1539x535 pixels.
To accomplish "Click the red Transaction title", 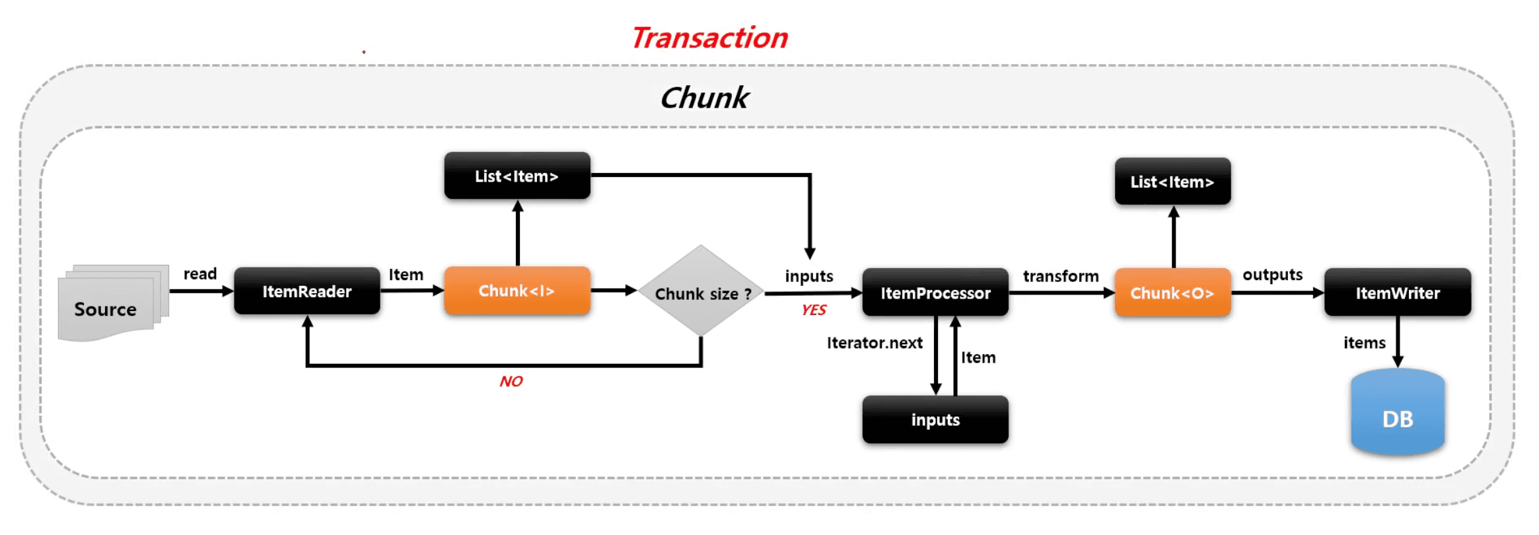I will click(709, 38).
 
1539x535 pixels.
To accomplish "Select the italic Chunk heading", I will click(704, 98).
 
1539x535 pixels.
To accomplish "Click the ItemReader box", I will click(306, 291).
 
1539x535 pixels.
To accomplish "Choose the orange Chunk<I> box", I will click(517, 291).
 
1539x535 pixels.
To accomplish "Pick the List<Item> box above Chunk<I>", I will click(517, 176).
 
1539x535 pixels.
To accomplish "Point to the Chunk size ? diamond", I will click(701, 292).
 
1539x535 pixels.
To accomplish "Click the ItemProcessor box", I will click(935, 293).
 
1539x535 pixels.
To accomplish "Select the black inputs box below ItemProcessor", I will click(935, 419).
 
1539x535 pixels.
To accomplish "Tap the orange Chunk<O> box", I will click(1172, 293).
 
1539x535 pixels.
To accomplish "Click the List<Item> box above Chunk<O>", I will click(1172, 182).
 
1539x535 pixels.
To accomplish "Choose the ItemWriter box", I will click(1398, 293).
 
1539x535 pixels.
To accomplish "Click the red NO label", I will click(511, 381).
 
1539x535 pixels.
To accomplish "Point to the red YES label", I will click(814, 310).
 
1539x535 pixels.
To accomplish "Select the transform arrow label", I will click(1061, 276).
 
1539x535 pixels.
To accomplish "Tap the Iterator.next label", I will click(875, 343).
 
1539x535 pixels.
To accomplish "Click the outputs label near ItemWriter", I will click(1272, 275).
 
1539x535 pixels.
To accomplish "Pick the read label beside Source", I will click(200, 273).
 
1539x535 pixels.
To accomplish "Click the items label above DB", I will click(1364, 343).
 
